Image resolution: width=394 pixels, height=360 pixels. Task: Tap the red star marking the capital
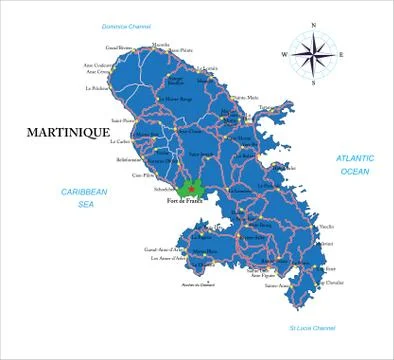[190, 187]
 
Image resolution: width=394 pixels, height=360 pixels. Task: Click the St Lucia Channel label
[312, 327]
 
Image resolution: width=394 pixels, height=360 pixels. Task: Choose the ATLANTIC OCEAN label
[354, 165]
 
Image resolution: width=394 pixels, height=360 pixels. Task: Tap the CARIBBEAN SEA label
[84, 197]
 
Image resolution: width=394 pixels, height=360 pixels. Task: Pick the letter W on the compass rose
[284, 55]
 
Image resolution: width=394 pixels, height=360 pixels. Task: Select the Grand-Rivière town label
[119, 47]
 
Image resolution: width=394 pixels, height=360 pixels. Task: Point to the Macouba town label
[160, 45]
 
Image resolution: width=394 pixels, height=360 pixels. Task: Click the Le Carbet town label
[121, 142]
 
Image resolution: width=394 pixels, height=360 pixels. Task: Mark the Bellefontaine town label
[129, 159]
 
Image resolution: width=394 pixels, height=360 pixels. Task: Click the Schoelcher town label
[166, 186]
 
